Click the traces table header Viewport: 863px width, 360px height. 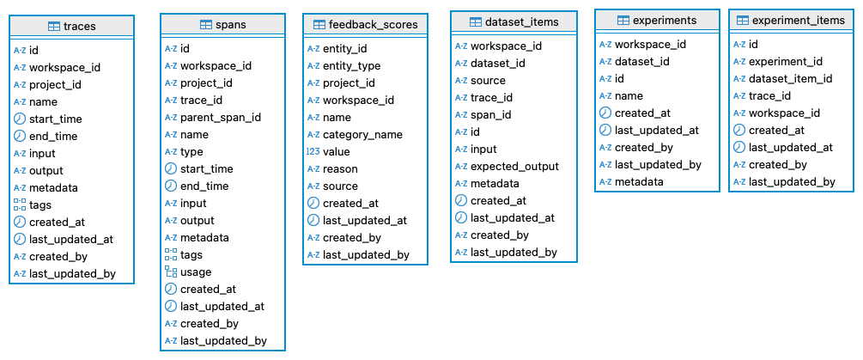[x=71, y=27]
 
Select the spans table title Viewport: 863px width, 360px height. [x=222, y=25]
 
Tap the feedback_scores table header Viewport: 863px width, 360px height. [x=365, y=25]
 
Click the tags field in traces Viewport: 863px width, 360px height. [x=40, y=205]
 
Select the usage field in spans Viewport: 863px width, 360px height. [x=197, y=272]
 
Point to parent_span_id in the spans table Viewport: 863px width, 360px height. [x=220, y=118]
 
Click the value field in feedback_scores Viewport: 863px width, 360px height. [x=336, y=152]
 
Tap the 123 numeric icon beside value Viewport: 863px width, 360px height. [x=313, y=152]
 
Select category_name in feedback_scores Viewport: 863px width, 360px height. [x=362, y=135]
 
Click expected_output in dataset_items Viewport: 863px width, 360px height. [x=514, y=167]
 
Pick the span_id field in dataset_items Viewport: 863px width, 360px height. [x=490, y=115]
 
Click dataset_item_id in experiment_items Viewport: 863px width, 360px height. [x=790, y=79]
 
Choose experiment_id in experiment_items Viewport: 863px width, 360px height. [x=785, y=62]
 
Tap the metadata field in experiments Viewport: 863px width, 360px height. [x=639, y=182]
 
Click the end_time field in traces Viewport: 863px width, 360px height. [x=53, y=137]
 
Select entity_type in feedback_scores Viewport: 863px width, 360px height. [x=351, y=66]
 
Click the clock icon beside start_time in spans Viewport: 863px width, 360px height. [x=171, y=169]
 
